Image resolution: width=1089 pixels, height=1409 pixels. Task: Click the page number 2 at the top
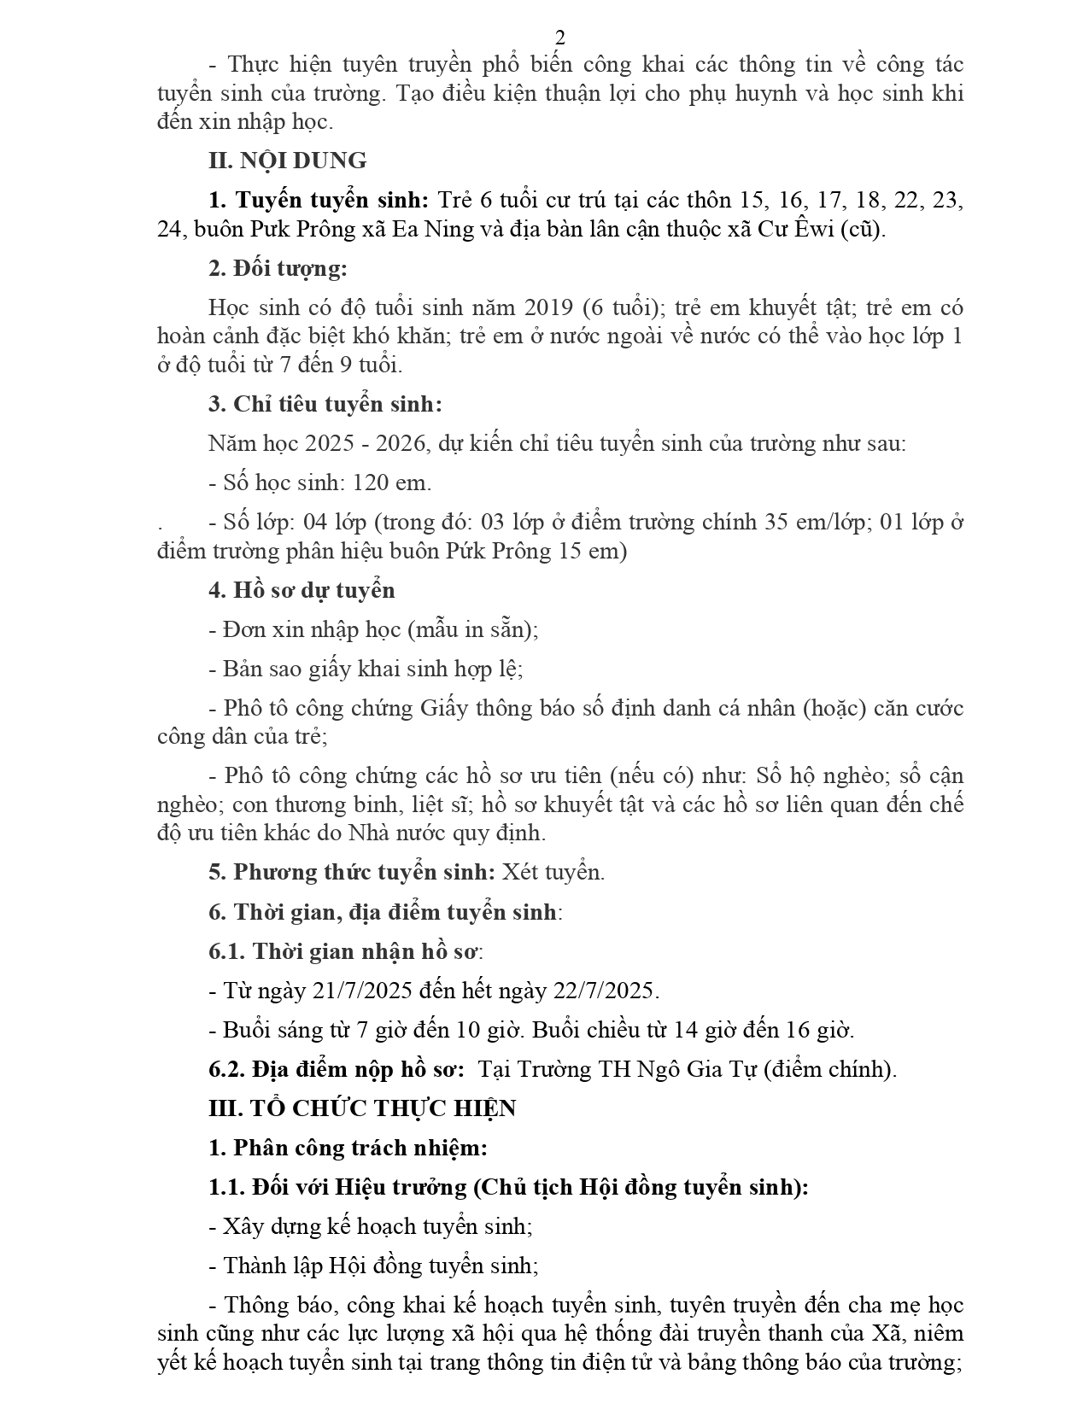560,38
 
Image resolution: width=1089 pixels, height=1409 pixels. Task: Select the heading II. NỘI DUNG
288,161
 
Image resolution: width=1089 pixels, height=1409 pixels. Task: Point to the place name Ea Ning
428,230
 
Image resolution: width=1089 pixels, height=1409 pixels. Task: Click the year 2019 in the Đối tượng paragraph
551,307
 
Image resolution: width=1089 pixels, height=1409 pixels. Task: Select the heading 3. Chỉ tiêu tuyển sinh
325,405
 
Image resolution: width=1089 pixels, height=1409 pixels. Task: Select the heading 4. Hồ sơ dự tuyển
302,590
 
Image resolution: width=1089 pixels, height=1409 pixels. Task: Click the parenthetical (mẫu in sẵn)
472,630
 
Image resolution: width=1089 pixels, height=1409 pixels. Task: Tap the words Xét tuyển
553,872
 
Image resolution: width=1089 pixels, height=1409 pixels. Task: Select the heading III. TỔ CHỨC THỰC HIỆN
362,1108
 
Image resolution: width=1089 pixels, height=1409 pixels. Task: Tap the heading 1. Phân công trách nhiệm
348,1148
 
